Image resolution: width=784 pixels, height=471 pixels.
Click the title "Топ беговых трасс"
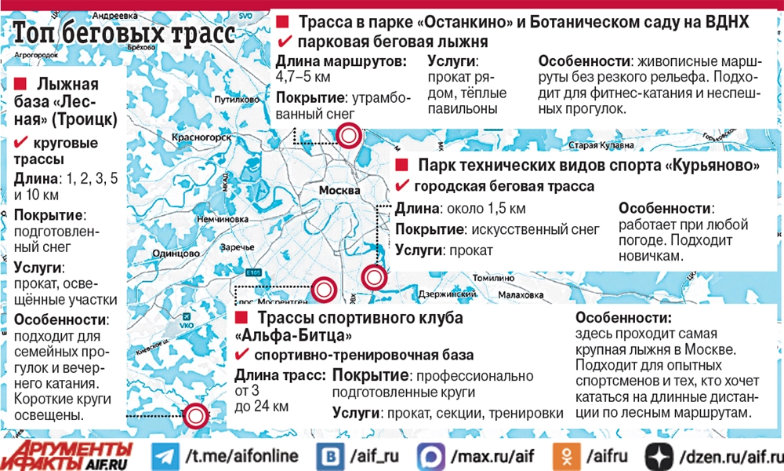[124, 35]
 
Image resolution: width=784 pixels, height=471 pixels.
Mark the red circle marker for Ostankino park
[348, 136]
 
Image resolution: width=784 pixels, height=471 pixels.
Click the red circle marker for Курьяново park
[374, 277]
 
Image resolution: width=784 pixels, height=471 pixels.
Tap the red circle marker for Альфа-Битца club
[321, 290]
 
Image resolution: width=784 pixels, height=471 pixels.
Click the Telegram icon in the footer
[165, 456]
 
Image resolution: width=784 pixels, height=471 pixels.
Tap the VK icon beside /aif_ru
[329, 456]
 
